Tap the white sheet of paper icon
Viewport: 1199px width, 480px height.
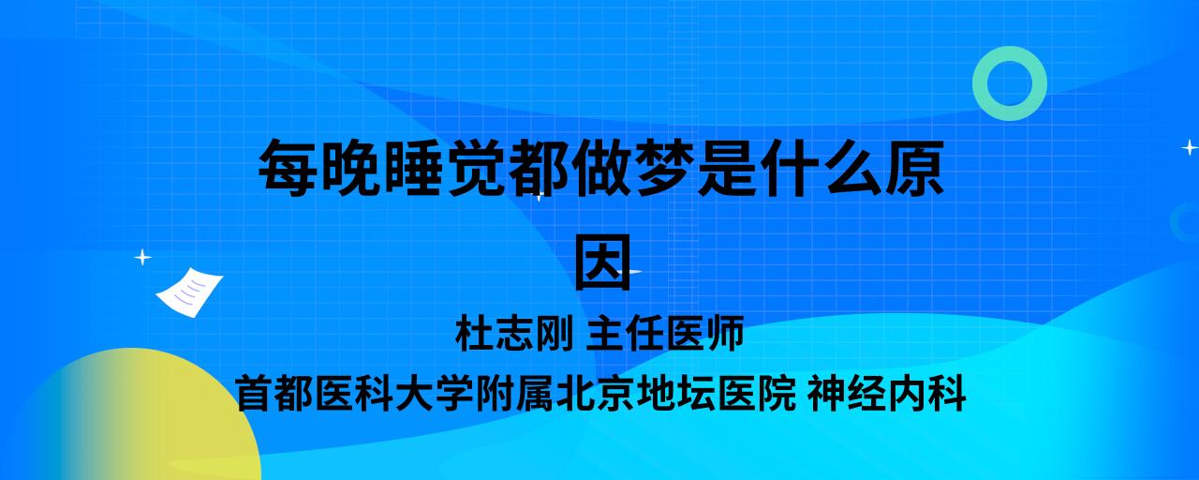pyautogui.click(x=189, y=292)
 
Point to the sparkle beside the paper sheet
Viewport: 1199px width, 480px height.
pyautogui.click(x=142, y=258)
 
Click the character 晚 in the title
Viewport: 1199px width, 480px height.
pyautogui.click(x=351, y=168)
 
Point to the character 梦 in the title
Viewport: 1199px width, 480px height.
pyautogui.click(x=665, y=168)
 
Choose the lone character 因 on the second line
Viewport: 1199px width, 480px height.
pyautogui.click(x=602, y=262)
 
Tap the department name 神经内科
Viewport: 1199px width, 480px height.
pyautogui.click(x=887, y=394)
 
